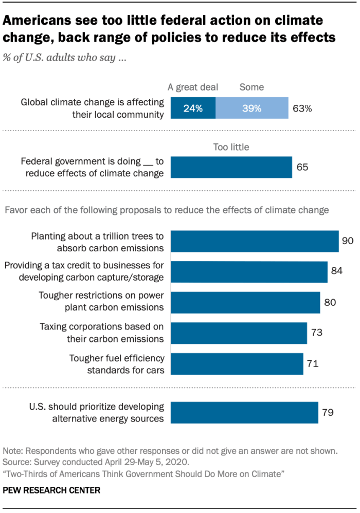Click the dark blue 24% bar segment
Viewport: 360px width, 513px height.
tap(193, 108)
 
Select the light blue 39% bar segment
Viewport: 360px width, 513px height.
tap(251, 108)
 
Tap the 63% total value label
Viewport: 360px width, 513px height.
tap(302, 108)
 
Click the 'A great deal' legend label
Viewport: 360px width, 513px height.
tap(193, 87)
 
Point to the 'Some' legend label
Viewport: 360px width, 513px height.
tap(251, 87)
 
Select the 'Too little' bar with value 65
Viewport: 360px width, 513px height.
tap(231, 168)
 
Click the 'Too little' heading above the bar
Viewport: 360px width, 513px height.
tap(231, 148)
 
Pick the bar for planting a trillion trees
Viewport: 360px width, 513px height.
tap(255, 242)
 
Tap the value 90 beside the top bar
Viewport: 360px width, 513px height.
tap(348, 241)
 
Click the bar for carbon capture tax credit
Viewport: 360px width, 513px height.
tap(249, 272)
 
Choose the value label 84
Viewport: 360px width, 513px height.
tap(336, 271)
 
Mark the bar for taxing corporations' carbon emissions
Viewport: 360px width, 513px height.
tap(239, 333)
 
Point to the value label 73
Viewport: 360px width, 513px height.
tap(316, 333)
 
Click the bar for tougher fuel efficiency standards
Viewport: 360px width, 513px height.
tap(237, 364)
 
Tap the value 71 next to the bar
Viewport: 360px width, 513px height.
tap(313, 364)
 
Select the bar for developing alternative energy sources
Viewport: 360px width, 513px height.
tap(244, 413)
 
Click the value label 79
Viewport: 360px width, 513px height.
tap(328, 412)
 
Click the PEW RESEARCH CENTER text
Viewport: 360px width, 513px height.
tap(52, 491)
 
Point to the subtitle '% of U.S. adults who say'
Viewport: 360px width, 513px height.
tap(65, 58)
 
